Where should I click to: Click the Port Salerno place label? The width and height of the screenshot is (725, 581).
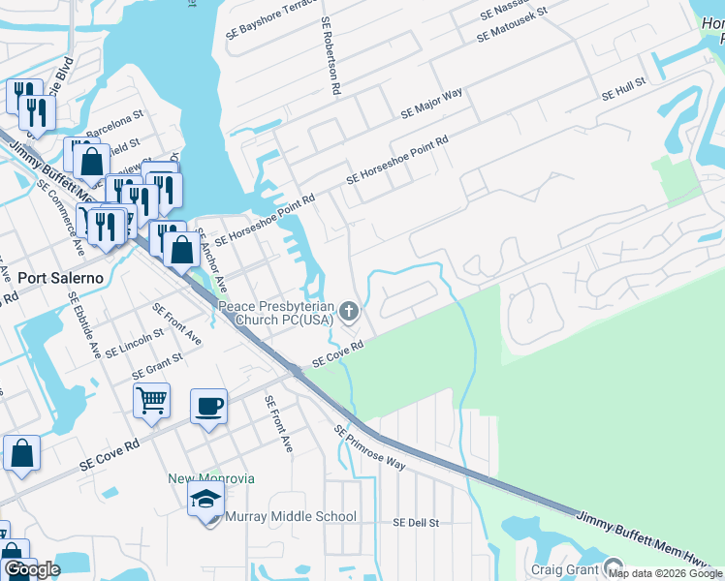[x=61, y=277]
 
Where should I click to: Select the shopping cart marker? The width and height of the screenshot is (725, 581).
[x=152, y=400]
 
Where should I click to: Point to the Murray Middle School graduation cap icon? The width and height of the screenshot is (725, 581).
[x=206, y=501]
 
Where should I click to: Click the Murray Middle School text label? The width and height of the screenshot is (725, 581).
[x=291, y=517]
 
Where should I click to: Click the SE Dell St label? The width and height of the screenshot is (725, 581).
[x=416, y=522]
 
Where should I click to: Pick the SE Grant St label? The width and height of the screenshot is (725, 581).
[x=157, y=365]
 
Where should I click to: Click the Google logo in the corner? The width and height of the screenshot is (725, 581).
[x=32, y=569]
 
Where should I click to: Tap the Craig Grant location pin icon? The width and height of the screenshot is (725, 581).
[x=613, y=566]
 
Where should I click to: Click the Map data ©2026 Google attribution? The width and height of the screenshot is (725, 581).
[x=665, y=573]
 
